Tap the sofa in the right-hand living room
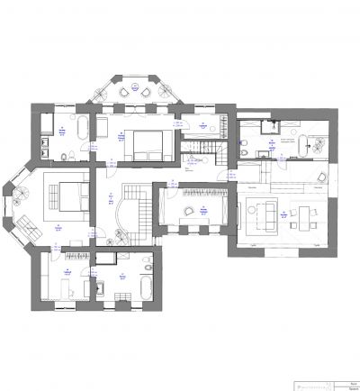[267, 215]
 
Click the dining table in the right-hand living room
[307, 215]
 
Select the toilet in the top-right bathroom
[244, 145]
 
